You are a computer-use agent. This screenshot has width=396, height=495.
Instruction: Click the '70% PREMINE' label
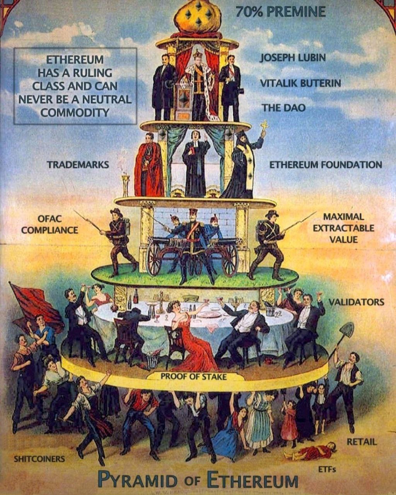(281, 12)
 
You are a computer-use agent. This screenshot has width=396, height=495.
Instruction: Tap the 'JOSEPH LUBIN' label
(293, 58)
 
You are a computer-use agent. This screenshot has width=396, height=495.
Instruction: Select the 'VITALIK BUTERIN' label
(300, 83)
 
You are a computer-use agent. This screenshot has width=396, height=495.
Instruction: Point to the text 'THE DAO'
(284, 108)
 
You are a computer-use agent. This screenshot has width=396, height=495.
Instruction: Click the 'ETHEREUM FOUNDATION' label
(326, 165)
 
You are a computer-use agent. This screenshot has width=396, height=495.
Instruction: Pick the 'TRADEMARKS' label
(78, 165)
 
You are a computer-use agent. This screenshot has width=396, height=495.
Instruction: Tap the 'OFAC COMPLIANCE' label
(50, 224)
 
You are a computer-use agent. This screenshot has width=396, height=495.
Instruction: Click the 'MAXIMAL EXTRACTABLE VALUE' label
(344, 228)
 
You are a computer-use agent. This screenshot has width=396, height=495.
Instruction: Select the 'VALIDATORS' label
(357, 302)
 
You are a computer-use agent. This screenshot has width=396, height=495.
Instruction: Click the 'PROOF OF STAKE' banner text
(193, 377)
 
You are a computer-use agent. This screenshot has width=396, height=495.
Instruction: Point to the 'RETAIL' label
(362, 442)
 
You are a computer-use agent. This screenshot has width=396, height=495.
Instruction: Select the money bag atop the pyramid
(198, 19)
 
